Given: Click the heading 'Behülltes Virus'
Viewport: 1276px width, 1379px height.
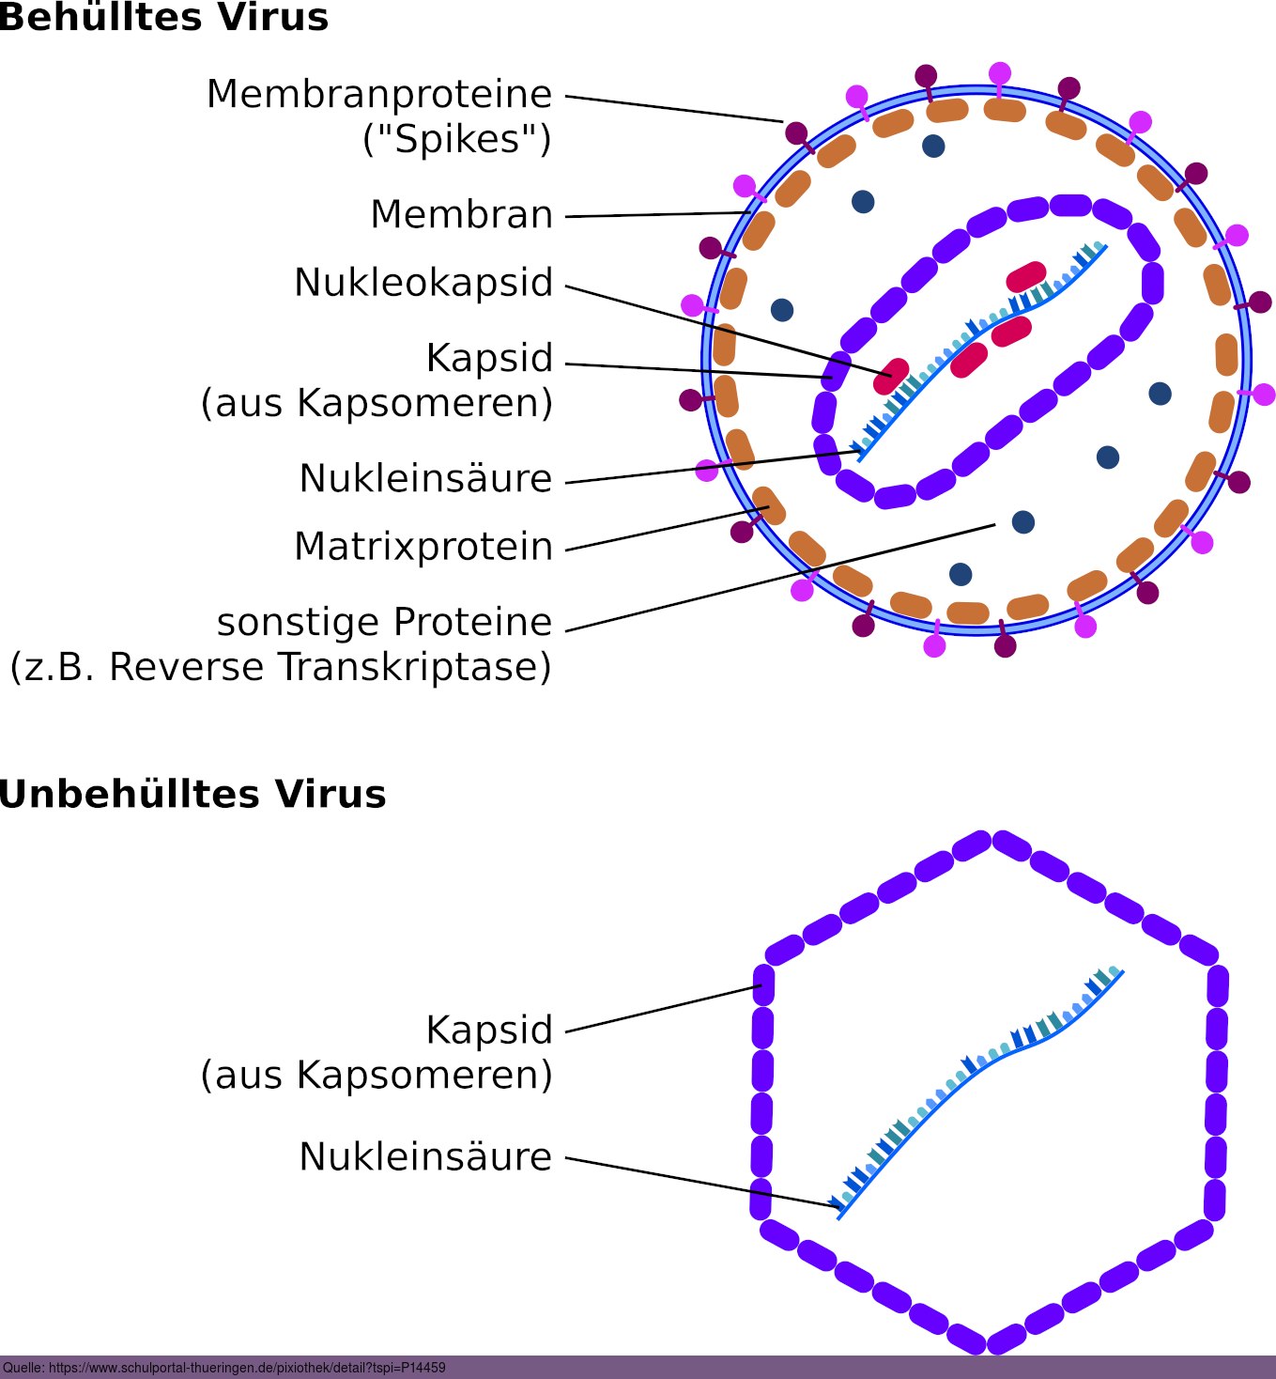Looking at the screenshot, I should tap(164, 17).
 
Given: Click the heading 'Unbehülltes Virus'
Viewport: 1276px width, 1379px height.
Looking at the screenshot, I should tap(192, 794).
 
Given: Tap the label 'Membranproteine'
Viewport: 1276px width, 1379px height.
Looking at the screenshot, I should tap(379, 94).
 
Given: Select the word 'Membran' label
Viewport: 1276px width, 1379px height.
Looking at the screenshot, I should tap(462, 214).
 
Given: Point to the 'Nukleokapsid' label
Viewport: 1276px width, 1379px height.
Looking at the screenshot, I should tap(423, 283).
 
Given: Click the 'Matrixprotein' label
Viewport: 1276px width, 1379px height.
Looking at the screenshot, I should tap(423, 547).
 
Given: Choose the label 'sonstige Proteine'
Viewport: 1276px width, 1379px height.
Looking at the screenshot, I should tap(384, 622).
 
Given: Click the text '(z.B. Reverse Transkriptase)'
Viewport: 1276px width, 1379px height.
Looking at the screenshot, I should tap(281, 667).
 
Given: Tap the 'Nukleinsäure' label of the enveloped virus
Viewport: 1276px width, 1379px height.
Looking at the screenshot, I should tap(425, 478).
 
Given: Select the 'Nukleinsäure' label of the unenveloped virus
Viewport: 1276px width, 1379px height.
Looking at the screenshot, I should tap(425, 1156).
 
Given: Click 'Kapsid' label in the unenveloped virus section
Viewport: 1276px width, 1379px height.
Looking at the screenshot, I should tap(489, 1030).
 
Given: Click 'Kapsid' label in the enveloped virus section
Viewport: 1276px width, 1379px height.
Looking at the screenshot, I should tap(489, 358).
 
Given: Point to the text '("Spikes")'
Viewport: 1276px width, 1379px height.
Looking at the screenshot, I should tap(457, 139).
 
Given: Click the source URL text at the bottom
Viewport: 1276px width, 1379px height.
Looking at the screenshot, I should tap(224, 1368).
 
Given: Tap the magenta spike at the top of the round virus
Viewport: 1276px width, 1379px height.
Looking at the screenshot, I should tap(1000, 74).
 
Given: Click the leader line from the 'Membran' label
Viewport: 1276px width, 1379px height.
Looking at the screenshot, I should tap(657, 215).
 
